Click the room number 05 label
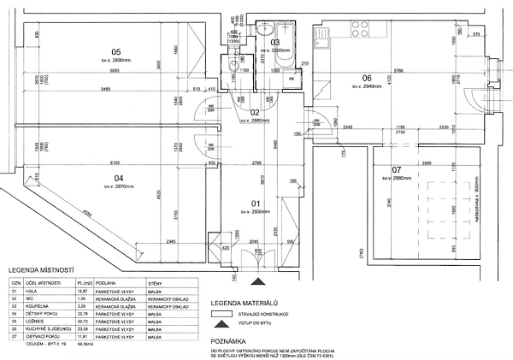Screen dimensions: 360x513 point(116,50)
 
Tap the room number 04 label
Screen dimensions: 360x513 point(120,178)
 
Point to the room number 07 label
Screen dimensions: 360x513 point(395,169)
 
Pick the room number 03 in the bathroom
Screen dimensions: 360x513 point(274,41)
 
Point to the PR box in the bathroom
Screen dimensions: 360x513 point(292,79)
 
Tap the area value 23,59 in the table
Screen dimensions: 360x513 point(84,328)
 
